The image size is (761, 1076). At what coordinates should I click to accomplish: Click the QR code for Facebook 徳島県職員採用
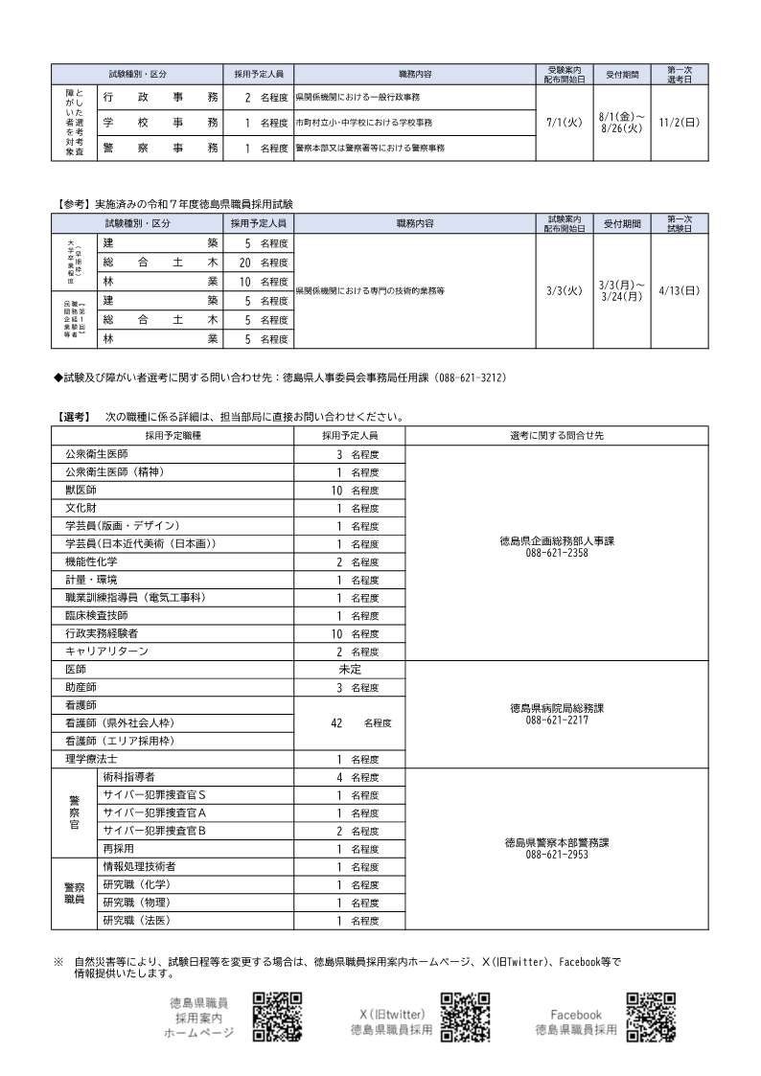tap(651, 1016)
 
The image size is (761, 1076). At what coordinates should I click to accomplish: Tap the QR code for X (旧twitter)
tap(466, 1016)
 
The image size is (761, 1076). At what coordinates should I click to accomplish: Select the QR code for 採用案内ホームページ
tap(278, 1016)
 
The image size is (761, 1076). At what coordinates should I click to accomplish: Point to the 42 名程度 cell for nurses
tap(350, 722)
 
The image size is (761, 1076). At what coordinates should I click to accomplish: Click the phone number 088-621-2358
tap(557, 553)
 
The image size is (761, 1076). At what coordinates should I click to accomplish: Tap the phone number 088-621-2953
tap(557, 854)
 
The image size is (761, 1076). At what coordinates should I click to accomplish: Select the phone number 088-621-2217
tap(557, 720)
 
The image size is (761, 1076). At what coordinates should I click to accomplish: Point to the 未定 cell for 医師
tap(350, 669)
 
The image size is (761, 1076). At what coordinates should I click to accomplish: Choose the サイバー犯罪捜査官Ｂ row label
tap(154, 831)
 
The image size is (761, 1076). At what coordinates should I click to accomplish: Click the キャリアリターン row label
tap(106, 652)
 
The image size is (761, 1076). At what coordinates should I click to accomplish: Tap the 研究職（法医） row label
tap(136, 921)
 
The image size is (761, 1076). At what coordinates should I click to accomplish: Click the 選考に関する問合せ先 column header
tap(557, 435)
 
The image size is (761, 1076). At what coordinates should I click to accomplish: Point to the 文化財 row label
tap(81, 508)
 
